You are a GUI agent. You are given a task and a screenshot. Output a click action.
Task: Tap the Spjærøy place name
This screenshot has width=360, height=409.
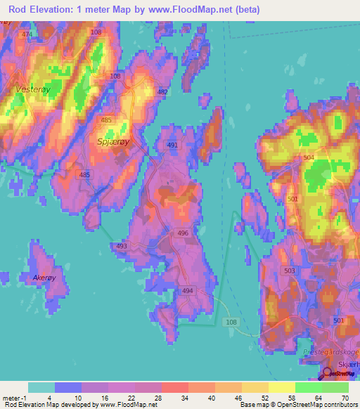[x=111, y=141]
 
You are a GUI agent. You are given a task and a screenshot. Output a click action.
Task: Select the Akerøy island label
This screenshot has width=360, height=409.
[x=44, y=278]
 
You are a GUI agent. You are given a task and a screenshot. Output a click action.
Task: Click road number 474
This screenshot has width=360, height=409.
[x=27, y=34]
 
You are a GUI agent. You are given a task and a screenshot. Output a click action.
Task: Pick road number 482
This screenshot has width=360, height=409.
[x=163, y=93]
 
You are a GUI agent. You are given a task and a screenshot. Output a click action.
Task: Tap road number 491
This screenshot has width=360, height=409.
[x=172, y=145]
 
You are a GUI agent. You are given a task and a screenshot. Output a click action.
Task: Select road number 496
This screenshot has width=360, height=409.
[x=183, y=233]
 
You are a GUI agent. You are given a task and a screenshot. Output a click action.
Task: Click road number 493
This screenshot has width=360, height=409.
[x=122, y=246]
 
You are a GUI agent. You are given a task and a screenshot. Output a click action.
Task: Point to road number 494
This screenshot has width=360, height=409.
[x=187, y=290]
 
